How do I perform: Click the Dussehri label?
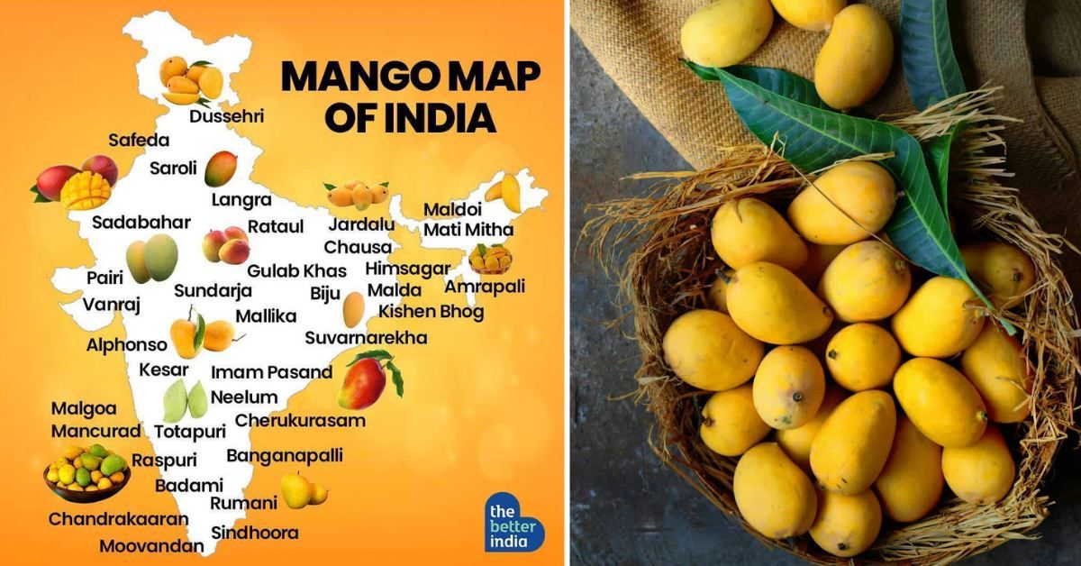click(227, 116)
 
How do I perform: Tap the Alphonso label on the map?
click(127, 344)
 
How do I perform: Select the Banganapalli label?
click(285, 455)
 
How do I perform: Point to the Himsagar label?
click(407, 269)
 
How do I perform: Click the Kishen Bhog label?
click(431, 312)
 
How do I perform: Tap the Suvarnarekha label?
click(366, 338)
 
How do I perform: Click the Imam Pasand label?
click(271, 372)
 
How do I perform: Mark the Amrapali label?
click(485, 287)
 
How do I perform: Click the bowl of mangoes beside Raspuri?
click(86, 470)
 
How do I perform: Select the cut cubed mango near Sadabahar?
click(86, 189)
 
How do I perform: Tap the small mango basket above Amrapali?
click(490, 259)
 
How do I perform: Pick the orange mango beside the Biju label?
click(353, 309)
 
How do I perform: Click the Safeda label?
click(138, 140)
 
